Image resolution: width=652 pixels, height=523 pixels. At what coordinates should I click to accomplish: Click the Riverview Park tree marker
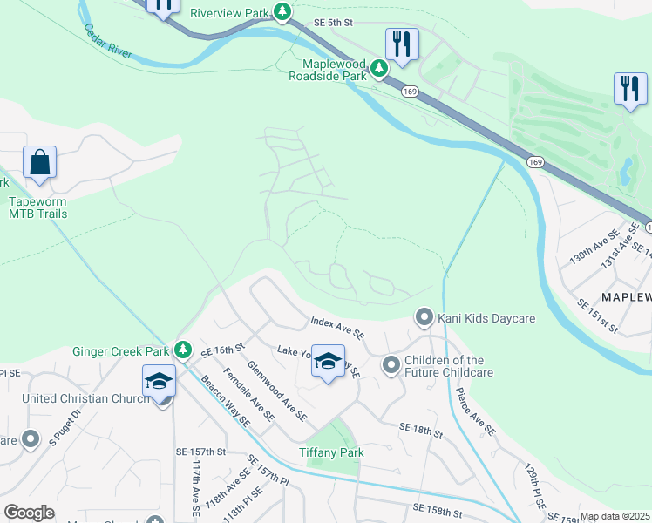(x=282, y=11)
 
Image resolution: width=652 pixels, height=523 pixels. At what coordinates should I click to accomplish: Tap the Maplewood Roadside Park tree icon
(x=378, y=67)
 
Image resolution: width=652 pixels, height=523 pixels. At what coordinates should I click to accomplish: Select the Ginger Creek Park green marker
(x=182, y=350)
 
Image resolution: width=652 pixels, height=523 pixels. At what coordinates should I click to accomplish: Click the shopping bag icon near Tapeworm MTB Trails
(x=39, y=163)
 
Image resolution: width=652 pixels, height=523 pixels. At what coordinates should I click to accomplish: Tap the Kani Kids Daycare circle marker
(x=424, y=317)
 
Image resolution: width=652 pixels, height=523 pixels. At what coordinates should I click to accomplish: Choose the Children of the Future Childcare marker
(x=390, y=363)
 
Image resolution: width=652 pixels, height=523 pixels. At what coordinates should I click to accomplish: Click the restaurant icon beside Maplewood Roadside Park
(x=402, y=44)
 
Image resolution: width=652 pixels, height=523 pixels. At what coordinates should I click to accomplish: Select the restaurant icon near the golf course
(x=630, y=89)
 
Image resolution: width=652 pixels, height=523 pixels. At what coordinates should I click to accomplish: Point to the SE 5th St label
(x=335, y=23)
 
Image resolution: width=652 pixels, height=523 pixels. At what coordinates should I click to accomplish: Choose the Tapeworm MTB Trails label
(x=37, y=207)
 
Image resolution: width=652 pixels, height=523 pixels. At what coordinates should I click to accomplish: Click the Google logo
(x=29, y=512)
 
